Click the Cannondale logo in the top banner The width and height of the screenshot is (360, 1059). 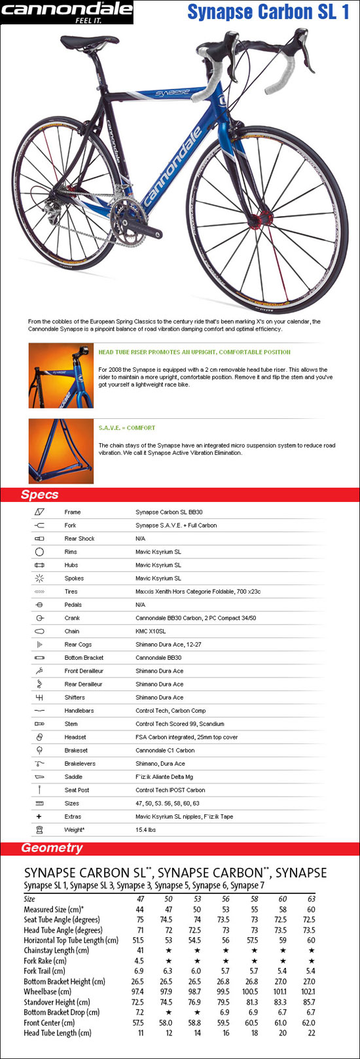click(67, 12)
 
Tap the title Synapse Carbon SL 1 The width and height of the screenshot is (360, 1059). click(268, 12)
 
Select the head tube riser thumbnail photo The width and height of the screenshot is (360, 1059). click(61, 376)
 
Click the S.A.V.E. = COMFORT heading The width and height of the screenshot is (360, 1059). click(127, 428)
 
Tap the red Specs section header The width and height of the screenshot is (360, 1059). click(180, 495)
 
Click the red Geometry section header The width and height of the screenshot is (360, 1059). click(180, 848)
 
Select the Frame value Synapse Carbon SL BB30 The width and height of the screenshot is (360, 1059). click(169, 512)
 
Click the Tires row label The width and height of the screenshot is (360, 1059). click(71, 592)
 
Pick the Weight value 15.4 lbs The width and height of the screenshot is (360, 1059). click(145, 830)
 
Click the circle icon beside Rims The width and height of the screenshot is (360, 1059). click(39, 552)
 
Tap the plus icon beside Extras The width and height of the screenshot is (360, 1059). click(39, 816)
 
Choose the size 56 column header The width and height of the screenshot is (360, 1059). click(226, 899)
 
